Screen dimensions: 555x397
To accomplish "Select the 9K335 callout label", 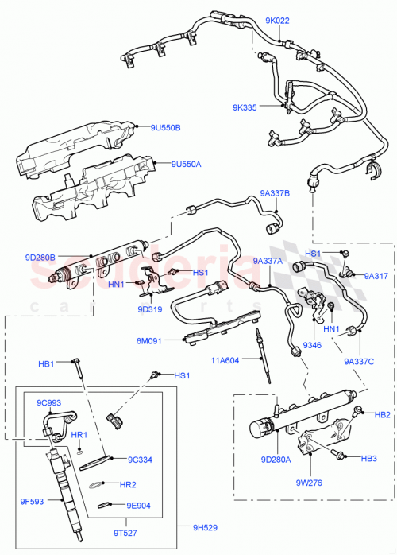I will pyautogui.click(x=247, y=107).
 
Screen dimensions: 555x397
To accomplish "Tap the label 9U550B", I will pyautogui.click(x=167, y=127).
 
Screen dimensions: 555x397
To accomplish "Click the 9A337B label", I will pyautogui.click(x=275, y=192).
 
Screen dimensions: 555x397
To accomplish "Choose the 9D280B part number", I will pyautogui.click(x=39, y=257).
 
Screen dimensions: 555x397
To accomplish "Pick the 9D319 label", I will pyautogui.click(x=150, y=309).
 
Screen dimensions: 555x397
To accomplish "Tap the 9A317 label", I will pyautogui.click(x=376, y=276).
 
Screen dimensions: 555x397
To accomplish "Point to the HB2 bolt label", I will pyautogui.click(x=382, y=415).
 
